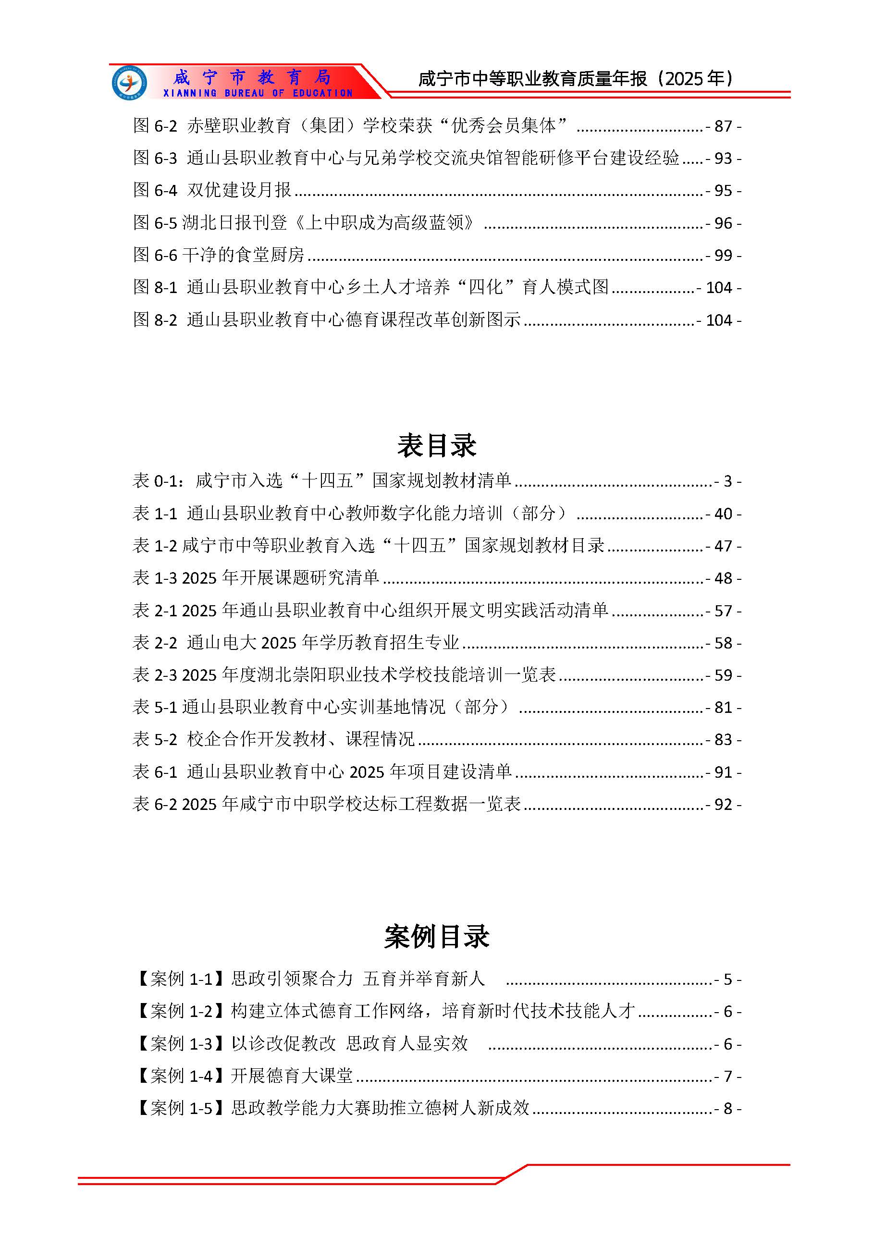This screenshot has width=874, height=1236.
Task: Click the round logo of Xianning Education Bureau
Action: [x=129, y=82]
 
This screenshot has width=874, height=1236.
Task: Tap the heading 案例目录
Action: [x=436, y=937]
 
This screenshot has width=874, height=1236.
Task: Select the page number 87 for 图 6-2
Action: [x=723, y=126]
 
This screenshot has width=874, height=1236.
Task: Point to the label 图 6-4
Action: [x=155, y=191]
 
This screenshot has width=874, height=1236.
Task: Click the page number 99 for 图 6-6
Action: [x=723, y=256]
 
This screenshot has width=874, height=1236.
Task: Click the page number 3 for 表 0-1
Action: [x=727, y=481]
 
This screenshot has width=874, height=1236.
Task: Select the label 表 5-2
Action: [x=155, y=740]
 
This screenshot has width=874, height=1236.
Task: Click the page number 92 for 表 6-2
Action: [x=723, y=805]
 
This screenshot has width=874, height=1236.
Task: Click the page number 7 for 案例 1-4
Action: [x=727, y=1076]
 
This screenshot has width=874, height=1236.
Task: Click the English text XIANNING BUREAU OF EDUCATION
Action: [x=258, y=93]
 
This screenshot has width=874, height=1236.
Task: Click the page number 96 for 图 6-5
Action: [x=723, y=223]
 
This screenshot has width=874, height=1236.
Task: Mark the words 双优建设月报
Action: [x=239, y=190]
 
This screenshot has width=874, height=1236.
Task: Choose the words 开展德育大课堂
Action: [x=292, y=1076]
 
